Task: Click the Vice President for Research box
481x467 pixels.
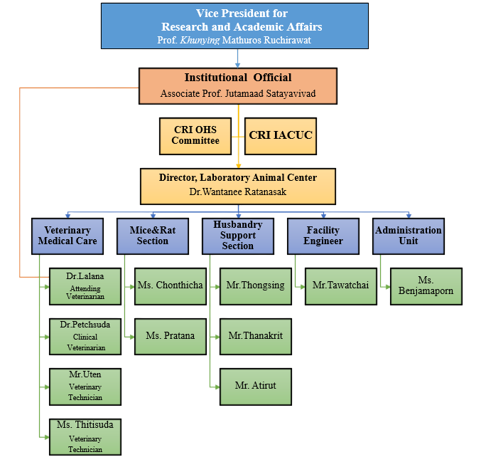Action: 234,26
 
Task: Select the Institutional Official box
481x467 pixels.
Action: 237,85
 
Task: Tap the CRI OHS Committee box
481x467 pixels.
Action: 195,135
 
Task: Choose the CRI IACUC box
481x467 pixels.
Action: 281,135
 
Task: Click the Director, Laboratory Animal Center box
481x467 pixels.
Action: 237,184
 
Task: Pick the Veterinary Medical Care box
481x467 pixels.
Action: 67,236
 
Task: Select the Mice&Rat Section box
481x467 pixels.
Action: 153,236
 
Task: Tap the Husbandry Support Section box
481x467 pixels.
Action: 237,236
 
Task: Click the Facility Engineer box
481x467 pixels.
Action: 323,236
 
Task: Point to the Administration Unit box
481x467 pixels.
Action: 408,236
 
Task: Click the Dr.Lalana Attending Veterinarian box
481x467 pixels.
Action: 85,285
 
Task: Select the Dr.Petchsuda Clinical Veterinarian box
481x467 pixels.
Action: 85,336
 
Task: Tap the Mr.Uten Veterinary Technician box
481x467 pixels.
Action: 85,386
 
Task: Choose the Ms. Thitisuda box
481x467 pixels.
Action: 85,436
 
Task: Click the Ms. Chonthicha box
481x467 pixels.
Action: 170,285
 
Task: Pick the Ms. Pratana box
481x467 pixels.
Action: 170,336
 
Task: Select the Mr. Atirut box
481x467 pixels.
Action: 255,386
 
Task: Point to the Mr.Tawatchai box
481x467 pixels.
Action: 340,285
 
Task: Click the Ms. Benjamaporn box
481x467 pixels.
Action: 426,285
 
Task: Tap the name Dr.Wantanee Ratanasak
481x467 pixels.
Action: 237,191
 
